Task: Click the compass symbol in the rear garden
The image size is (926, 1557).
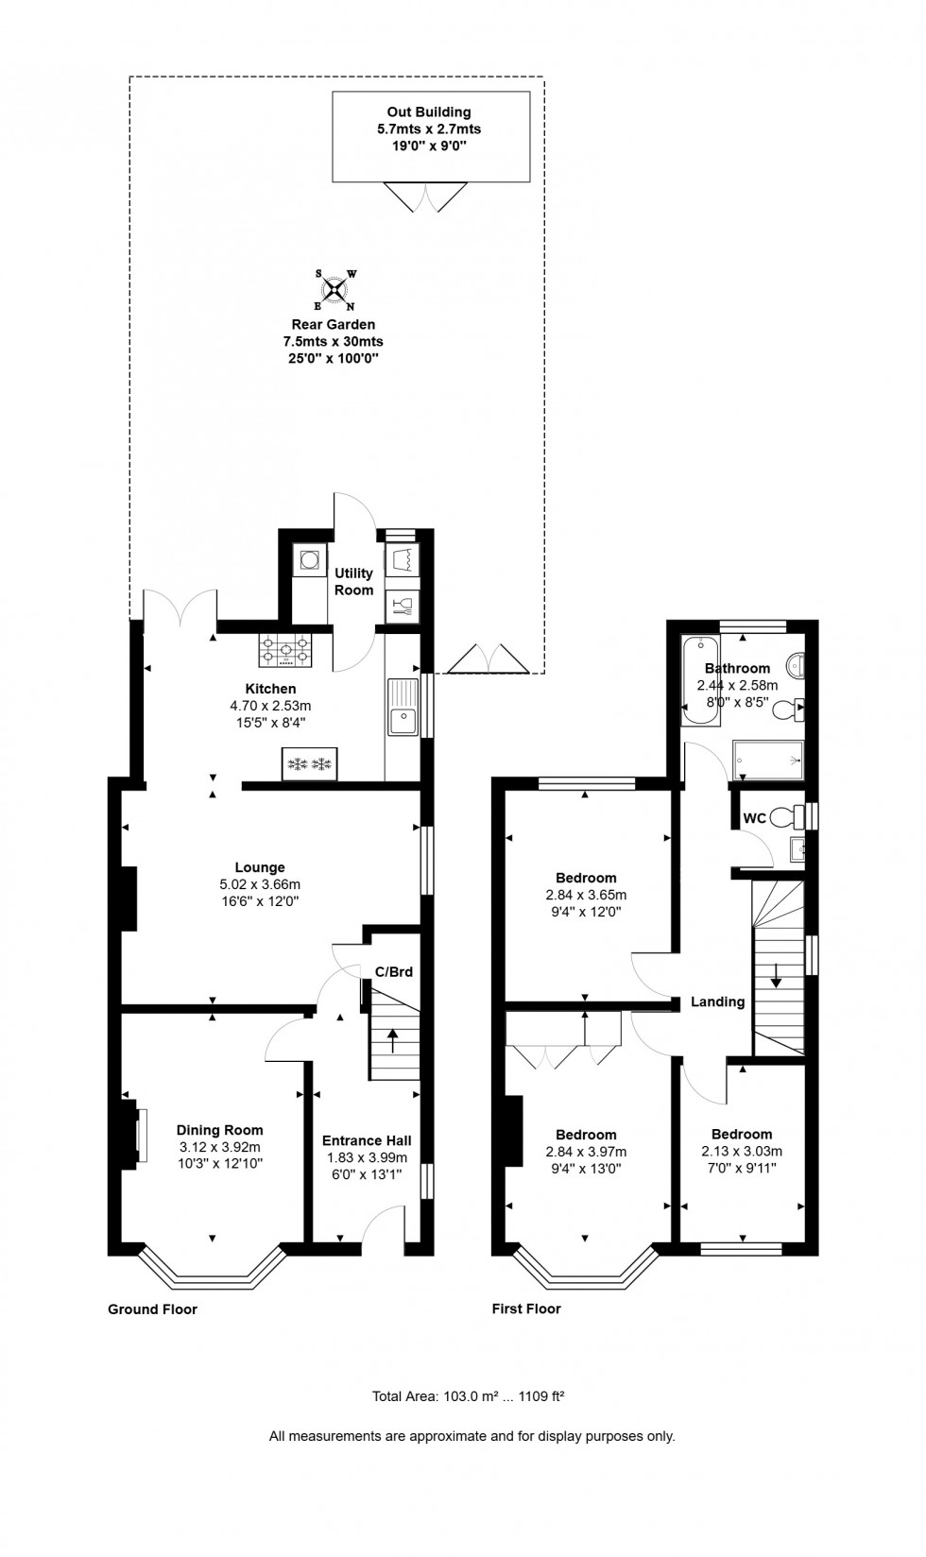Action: pos(334,290)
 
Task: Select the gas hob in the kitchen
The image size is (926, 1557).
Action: pos(285,649)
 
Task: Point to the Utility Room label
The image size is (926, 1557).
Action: pos(353,581)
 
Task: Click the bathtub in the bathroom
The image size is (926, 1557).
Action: pos(699,679)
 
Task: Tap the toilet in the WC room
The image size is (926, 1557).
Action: pos(783,815)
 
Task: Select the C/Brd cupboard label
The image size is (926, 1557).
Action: pos(393,971)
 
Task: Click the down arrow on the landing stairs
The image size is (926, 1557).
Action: pos(776,975)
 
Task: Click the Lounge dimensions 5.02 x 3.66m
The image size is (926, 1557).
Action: pos(260,884)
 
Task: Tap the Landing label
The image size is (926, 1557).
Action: pos(717,1001)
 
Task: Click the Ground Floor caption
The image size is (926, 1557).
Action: pos(152,1309)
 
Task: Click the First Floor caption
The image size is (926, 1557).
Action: pos(525,1309)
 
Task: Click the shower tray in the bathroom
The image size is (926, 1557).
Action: pos(767,759)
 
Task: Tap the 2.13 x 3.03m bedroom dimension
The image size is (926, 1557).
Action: pos(742,1151)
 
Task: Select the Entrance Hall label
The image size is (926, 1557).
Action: pos(367,1140)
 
